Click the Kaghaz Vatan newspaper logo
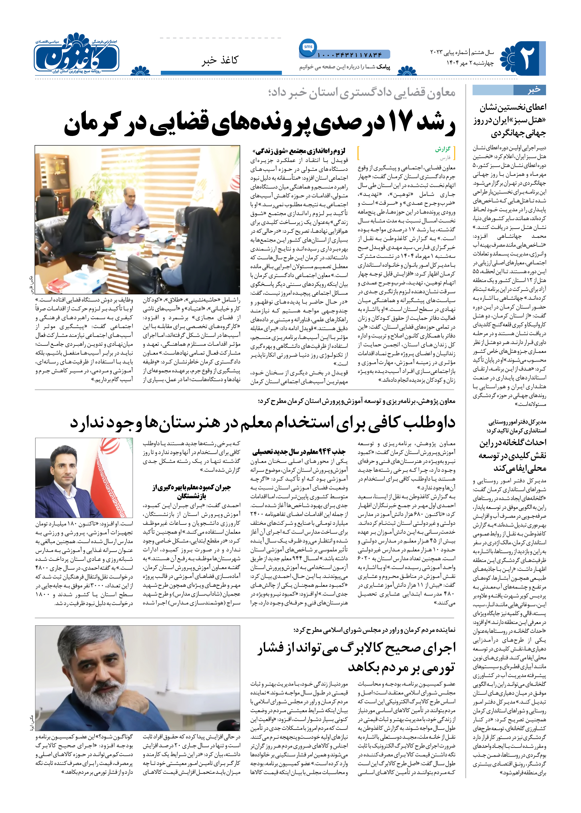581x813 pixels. pos(77,55)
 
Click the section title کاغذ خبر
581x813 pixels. pos(220,60)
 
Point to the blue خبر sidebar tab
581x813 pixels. pos(509,90)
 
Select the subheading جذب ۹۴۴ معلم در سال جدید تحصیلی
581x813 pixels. pos(298,452)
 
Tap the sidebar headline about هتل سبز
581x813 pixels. pos(510,120)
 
